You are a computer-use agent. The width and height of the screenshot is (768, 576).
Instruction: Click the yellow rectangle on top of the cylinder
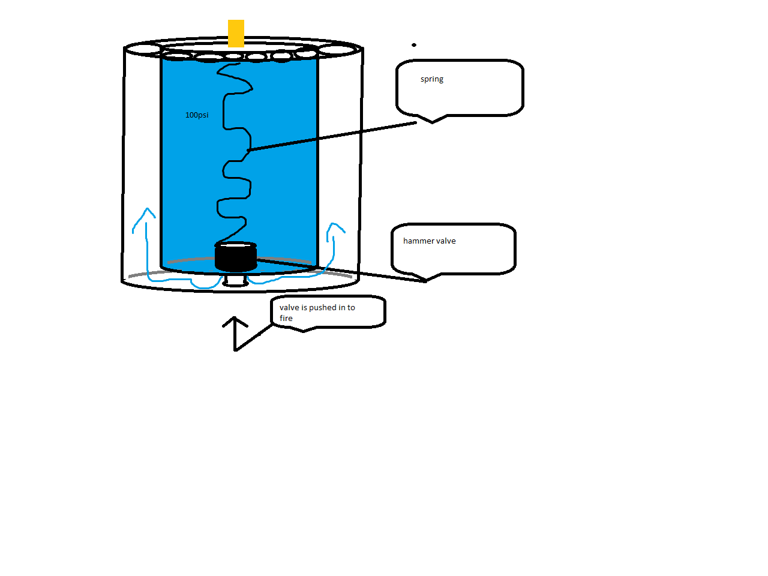(x=236, y=34)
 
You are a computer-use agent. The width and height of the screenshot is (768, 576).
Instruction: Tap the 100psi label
(x=197, y=115)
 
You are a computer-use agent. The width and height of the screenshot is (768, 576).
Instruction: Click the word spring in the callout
(x=432, y=79)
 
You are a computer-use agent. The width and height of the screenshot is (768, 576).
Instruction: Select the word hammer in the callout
(x=416, y=241)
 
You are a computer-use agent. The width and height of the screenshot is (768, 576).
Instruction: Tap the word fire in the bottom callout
(x=286, y=318)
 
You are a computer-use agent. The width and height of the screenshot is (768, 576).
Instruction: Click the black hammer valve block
(x=235, y=257)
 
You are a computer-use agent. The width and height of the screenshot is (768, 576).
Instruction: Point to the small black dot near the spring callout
(x=414, y=45)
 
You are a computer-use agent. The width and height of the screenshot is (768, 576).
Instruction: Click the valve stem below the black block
(x=235, y=280)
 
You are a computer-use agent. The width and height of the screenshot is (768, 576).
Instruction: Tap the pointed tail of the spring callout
(x=433, y=122)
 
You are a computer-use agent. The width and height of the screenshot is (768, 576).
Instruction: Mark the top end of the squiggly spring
(x=239, y=64)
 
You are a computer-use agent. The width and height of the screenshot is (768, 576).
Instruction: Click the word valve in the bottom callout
(x=289, y=307)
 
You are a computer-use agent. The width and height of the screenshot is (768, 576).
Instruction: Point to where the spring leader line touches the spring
(x=248, y=151)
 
